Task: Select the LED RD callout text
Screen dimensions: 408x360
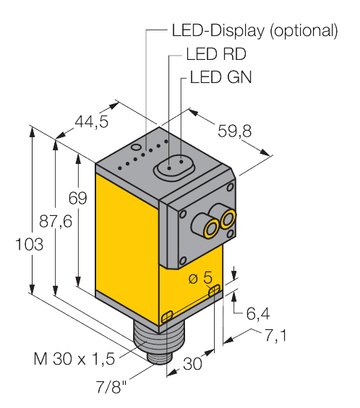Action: pos(214,54)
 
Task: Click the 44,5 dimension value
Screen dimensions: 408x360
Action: pos(91,121)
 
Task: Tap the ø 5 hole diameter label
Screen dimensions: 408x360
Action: pos(201,277)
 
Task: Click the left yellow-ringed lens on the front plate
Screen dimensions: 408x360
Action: pos(210,229)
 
